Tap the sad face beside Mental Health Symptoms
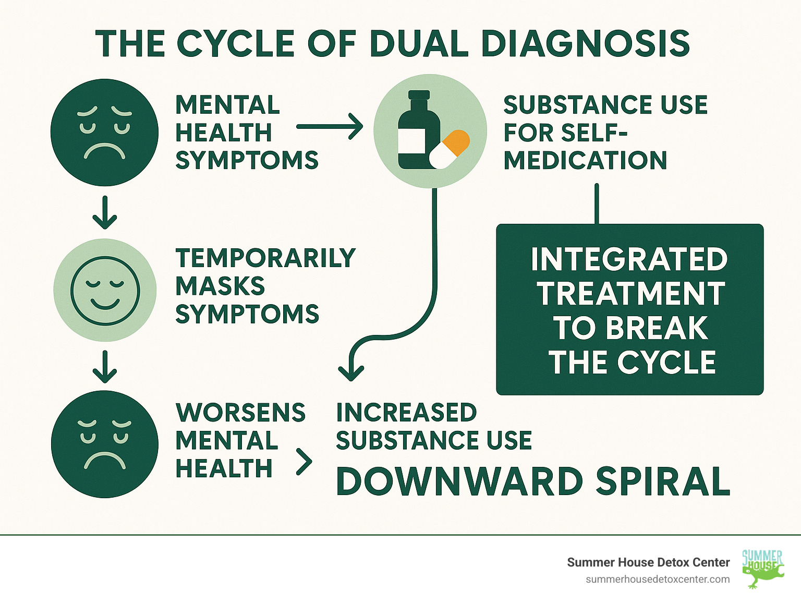pos(104,133)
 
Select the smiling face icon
pos(105,290)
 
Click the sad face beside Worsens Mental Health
pos(104,444)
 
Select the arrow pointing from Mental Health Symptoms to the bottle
pos(329,127)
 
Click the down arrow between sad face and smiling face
pos(104,213)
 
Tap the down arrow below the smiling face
pos(104,367)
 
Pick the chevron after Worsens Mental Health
pos(304,461)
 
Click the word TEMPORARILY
pos(265,258)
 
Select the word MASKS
pos(220,286)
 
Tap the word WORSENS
pos(240,413)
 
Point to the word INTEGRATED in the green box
pos(629,259)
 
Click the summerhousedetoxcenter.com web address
pos(658,579)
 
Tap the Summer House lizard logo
pos(763,569)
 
